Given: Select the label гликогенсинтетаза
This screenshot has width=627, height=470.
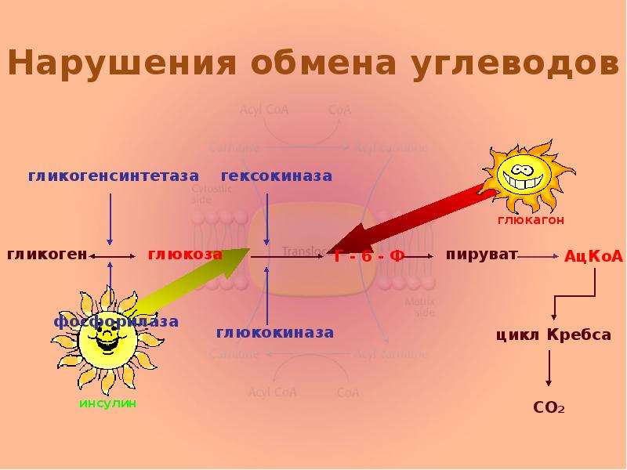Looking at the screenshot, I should (114, 175).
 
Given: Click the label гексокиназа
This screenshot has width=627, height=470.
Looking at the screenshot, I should (276, 175).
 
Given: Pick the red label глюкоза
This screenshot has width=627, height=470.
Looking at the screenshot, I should (185, 255).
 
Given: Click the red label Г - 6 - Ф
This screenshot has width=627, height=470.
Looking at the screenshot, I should (369, 256).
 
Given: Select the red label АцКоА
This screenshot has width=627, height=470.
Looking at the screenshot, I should (593, 256).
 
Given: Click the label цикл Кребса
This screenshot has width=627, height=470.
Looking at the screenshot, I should (553, 334).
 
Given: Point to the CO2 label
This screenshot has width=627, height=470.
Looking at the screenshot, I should (549, 408).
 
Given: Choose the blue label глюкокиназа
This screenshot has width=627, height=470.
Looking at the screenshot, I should (275, 333).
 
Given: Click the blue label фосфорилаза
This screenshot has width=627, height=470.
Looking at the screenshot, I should (116, 321).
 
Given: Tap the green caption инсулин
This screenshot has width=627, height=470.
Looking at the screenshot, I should (107, 403).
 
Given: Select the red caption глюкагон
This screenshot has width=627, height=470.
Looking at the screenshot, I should (531, 221).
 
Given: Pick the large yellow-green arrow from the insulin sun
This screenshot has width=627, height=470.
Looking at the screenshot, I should (188, 286).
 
